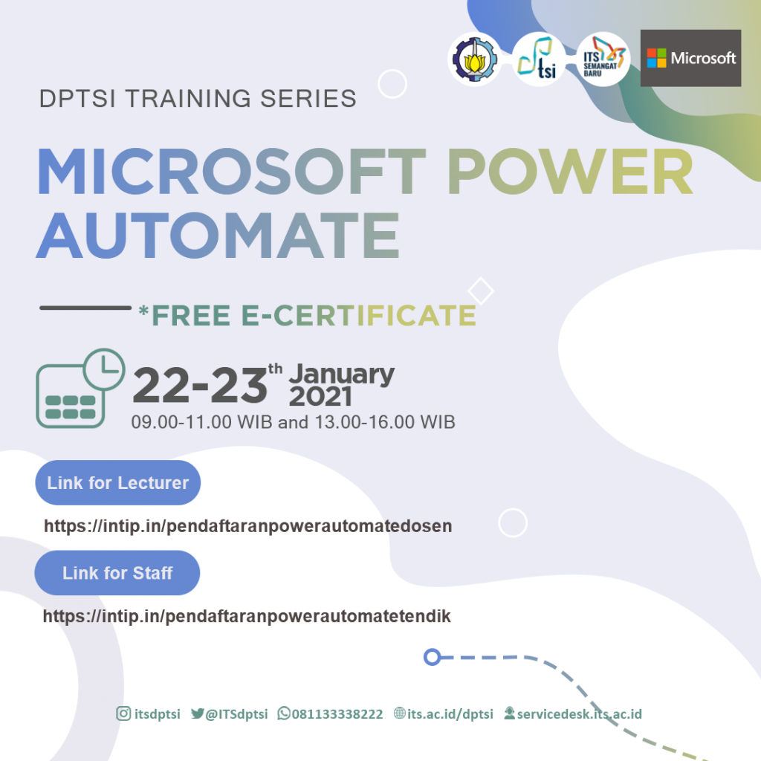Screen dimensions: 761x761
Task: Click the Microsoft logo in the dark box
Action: point(690,58)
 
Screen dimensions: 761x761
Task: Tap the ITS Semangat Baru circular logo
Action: point(603,59)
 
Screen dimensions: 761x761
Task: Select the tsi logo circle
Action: point(539,59)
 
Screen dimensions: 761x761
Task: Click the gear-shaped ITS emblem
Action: point(474,59)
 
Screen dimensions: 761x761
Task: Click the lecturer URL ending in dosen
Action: point(248,526)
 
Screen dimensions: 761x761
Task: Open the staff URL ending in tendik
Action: point(247,616)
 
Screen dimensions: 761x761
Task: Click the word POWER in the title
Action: point(571,172)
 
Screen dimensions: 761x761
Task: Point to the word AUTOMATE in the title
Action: point(218,236)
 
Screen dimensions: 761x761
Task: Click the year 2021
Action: point(320,397)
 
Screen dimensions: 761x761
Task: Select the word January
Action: point(342,375)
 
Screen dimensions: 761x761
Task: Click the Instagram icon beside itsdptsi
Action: point(124,713)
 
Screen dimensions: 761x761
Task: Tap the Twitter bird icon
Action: point(198,713)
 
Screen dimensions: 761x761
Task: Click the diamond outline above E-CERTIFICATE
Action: point(481,291)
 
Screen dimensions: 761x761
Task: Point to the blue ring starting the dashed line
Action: point(432,657)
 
